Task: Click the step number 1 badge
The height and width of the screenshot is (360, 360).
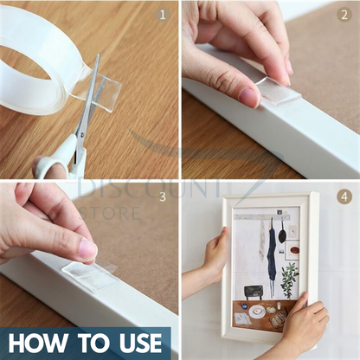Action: [163, 15]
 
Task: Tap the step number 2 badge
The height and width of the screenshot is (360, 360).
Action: [344, 15]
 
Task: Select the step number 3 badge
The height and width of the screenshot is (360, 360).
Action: [163, 196]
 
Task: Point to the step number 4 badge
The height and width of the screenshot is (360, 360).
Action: [344, 196]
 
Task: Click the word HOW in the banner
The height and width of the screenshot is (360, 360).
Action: [37, 344]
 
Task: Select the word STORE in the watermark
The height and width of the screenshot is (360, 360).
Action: [110, 213]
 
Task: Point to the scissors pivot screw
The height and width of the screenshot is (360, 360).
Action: [82, 135]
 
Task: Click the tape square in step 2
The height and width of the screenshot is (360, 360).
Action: [278, 92]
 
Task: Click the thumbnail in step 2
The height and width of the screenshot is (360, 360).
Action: [248, 97]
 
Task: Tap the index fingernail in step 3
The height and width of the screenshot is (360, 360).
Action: [88, 249]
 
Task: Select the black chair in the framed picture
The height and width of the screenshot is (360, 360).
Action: [254, 292]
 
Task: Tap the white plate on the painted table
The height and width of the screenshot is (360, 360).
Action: [257, 312]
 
